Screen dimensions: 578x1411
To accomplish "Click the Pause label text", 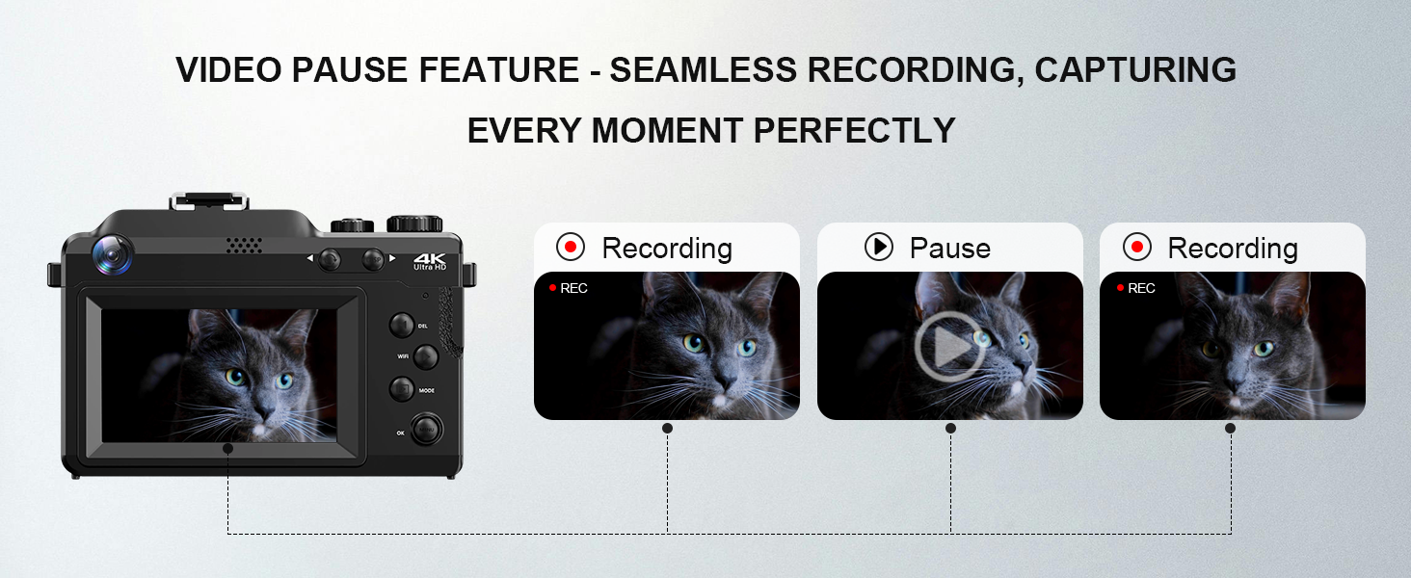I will pos(949,249).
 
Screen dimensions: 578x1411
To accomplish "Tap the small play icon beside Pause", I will pos(878,248).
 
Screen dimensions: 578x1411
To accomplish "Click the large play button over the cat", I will pos(949,347).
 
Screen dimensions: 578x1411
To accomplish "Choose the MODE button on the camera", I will pos(402,389).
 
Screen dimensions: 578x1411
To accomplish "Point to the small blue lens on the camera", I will pos(113,253).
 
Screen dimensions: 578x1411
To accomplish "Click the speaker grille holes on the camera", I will pos(244,246).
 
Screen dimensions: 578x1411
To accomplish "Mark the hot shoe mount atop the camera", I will pos(209,201).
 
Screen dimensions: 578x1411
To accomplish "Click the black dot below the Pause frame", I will pos(950,428).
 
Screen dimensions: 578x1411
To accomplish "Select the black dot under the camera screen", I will pos(227,448).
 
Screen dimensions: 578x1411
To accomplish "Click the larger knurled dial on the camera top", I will pos(414,224).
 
